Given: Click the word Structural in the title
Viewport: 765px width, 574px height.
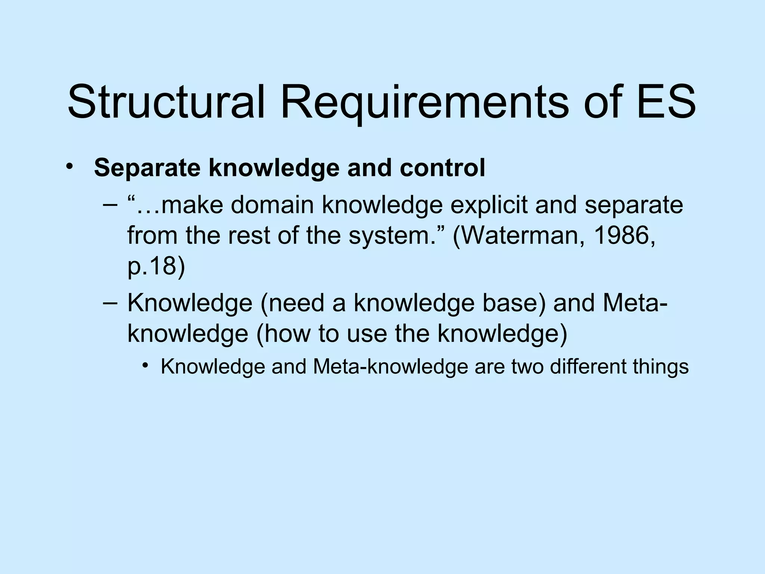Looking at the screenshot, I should tap(167, 102).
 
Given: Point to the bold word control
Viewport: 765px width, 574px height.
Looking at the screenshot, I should tap(442, 168).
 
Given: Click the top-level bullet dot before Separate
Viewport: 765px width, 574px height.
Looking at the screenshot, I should tap(68, 167).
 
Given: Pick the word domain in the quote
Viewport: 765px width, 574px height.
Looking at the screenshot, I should tap(272, 205).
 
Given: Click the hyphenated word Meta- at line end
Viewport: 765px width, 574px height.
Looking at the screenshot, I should tap(635, 303).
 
